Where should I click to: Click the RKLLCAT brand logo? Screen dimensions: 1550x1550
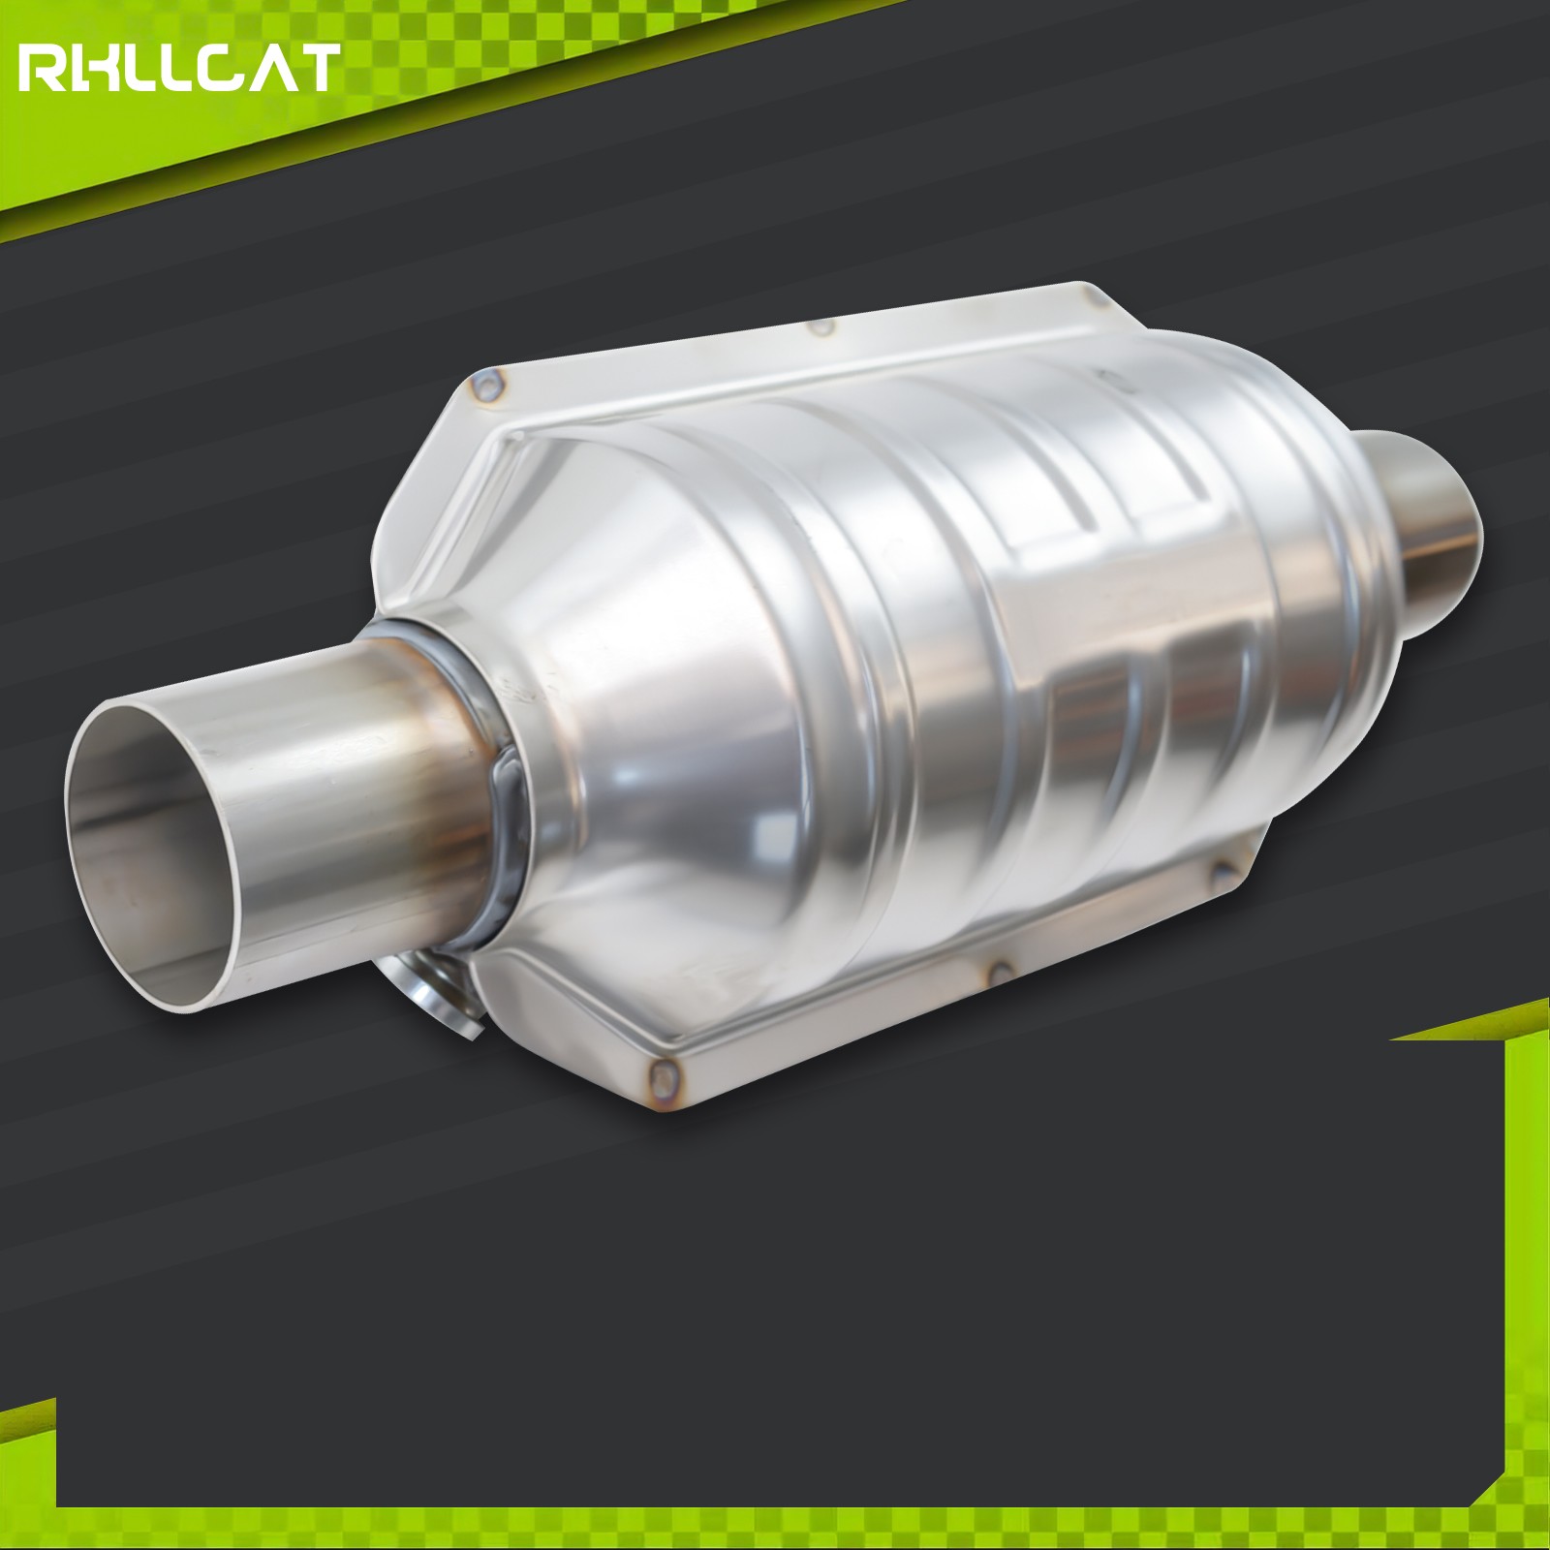pos(179,68)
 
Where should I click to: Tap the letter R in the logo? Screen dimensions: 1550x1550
pos(42,69)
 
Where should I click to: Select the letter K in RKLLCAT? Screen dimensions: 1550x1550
pos(92,69)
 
